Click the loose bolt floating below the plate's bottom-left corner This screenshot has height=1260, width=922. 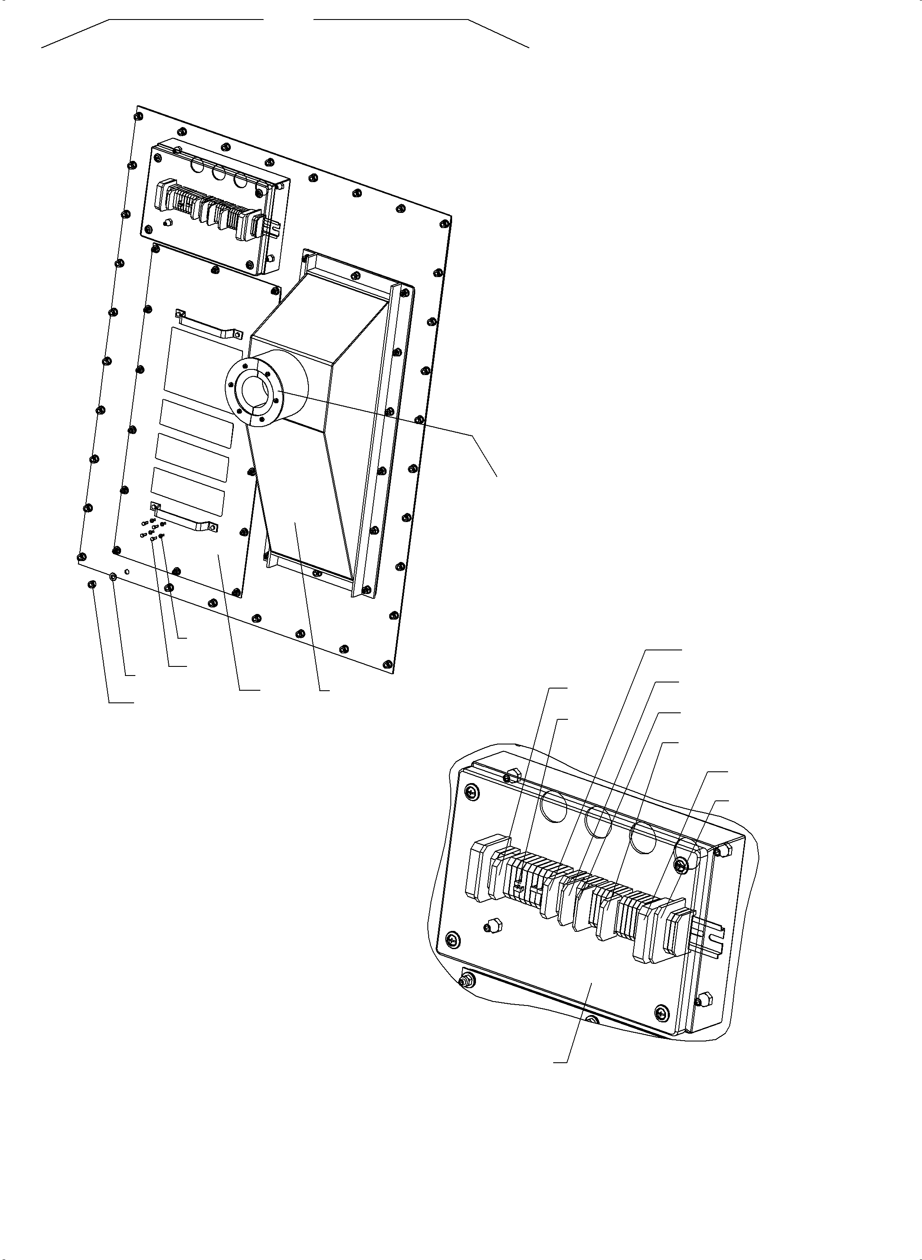tap(92, 584)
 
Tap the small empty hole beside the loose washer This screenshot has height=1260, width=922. tap(127, 572)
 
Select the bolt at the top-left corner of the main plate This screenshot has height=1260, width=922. tap(138, 116)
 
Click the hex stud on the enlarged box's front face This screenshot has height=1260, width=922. tap(491, 927)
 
